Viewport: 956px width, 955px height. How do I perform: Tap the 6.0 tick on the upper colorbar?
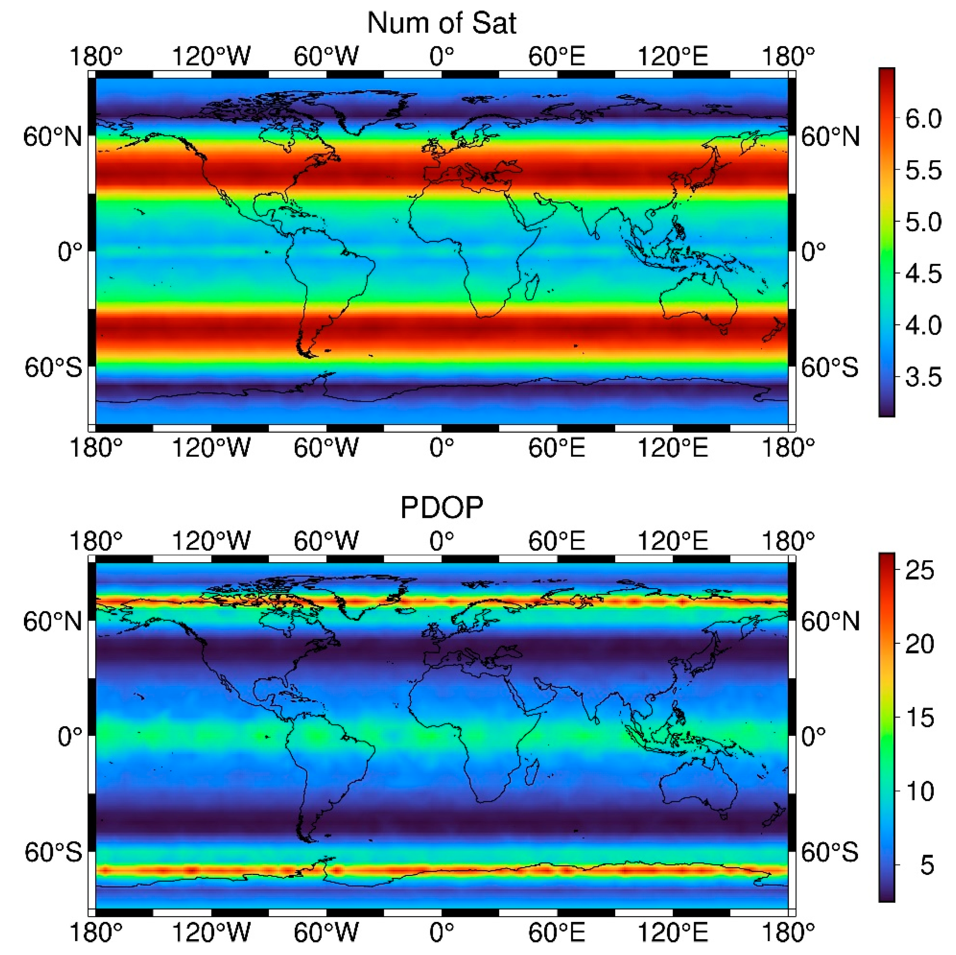[x=923, y=119]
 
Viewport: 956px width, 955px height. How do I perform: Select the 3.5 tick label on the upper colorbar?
[x=923, y=377]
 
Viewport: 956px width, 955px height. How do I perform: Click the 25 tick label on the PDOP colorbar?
[x=919, y=570]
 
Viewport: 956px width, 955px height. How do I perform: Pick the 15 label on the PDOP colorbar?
[x=919, y=717]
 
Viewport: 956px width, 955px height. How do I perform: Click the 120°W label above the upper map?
[x=211, y=56]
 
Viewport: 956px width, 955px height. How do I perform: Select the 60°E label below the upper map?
[x=557, y=448]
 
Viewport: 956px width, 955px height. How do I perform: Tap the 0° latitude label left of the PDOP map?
[x=69, y=737]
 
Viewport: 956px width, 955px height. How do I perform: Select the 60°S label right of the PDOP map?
[x=829, y=852]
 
